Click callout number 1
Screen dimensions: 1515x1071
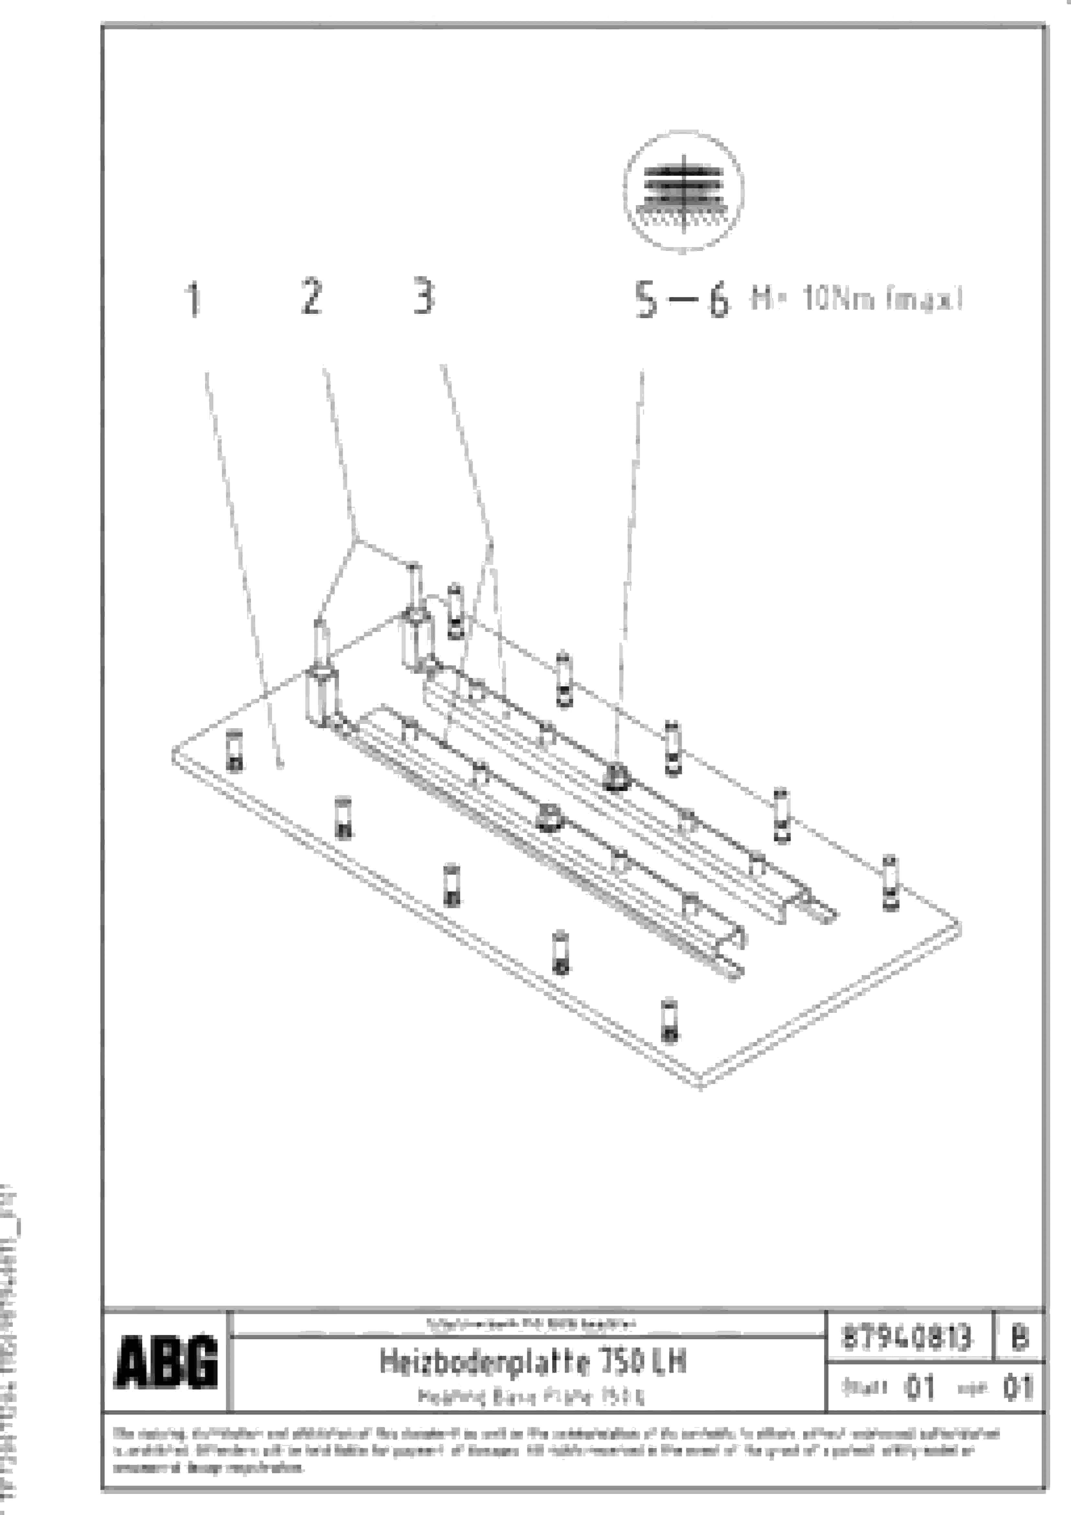click(x=193, y=299)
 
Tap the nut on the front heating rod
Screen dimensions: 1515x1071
click(x=549, y=818)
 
